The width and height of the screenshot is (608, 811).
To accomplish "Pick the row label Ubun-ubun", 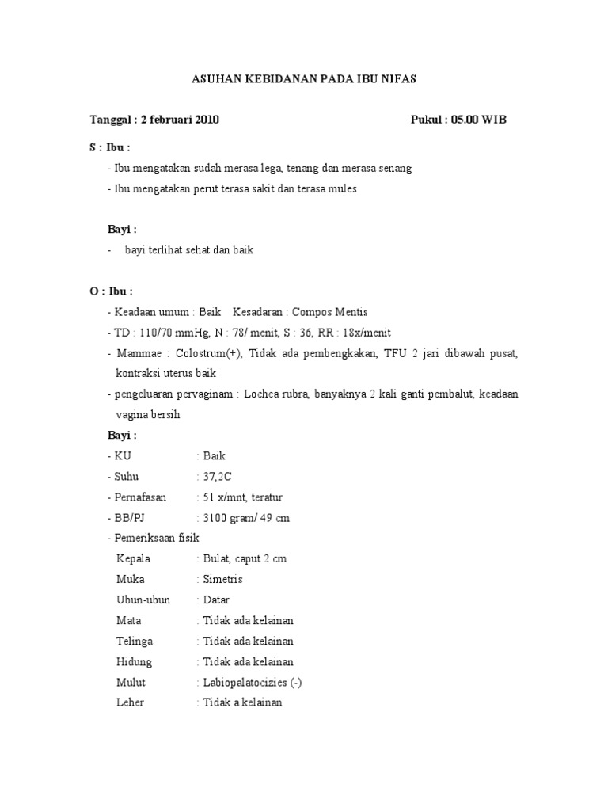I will [x=143, y=600].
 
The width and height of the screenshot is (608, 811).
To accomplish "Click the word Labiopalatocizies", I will [x=247, y=682].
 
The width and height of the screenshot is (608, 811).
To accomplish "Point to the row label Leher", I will [x=130, y=702].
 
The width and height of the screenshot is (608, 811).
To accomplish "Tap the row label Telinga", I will [x=135, y=641].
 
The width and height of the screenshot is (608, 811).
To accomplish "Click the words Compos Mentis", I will [x=330, y=312].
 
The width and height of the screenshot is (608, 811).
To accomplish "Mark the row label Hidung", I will [x=134, y=661].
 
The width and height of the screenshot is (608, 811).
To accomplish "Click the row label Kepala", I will [x=133, y=558].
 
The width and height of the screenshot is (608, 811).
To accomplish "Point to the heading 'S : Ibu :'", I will [x=109, y=147].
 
